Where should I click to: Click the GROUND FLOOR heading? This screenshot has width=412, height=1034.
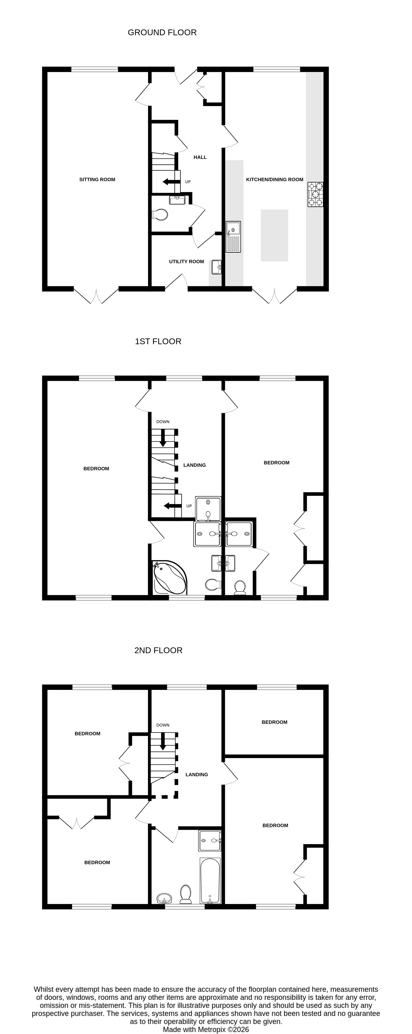point(162,33)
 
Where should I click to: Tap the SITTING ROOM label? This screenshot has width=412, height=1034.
point(97,179)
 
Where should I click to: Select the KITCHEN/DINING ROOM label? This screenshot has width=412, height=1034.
point(274,179)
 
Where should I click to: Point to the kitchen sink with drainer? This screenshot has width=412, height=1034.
point(233,236)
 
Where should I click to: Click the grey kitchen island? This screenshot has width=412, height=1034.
point(274,235)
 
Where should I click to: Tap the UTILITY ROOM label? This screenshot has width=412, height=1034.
point(186,261)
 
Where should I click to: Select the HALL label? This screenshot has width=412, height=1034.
point(200,157)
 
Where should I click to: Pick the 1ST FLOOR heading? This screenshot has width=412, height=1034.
point(158,341)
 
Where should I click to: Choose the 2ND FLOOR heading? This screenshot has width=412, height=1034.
point(158,650)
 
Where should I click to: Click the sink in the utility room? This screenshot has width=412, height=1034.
point(217,267)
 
